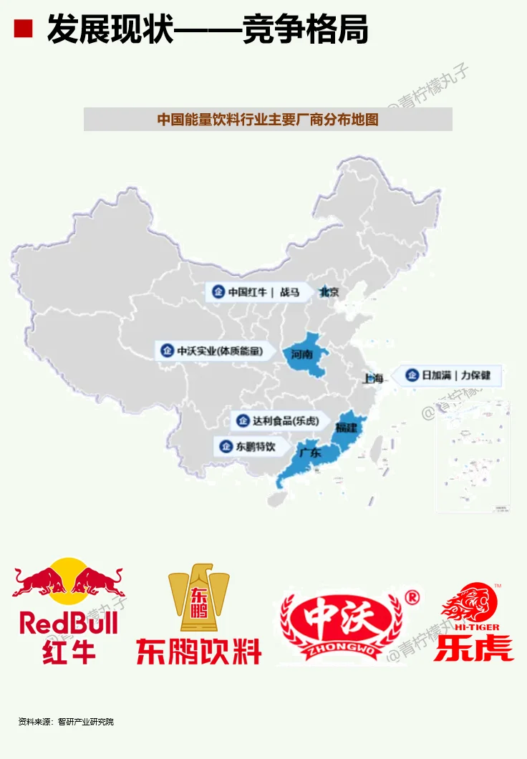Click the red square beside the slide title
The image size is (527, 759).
pyautogui.click(x=24, y=29)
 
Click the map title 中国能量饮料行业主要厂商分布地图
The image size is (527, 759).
pyautogui.click(x=268, y=120)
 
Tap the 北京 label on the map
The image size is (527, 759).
pyautogui.click(x=329, y=292)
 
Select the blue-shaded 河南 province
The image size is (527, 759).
pyautogui.click(x=306, y=353)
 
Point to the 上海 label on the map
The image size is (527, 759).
pyautogui.click(x=373, y=378)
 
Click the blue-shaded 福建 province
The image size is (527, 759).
pyautogui.click(x=349, y=427)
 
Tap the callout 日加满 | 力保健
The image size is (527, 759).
pyautogui.click(x=450, y=375)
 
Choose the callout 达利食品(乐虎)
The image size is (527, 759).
pyautogui.click(x=282, y=420)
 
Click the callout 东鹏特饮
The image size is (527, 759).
pyautogui.click(x=256, y=446)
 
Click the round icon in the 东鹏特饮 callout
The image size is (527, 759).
pyautogui.click(x=226, y=446)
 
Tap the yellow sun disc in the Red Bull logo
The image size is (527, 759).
pyautogui.click(x=69, y=576)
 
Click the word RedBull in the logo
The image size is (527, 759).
pyautogui.click(x=69, y=623)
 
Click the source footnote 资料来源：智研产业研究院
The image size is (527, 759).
pyautogui.click(x=66, y=721)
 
